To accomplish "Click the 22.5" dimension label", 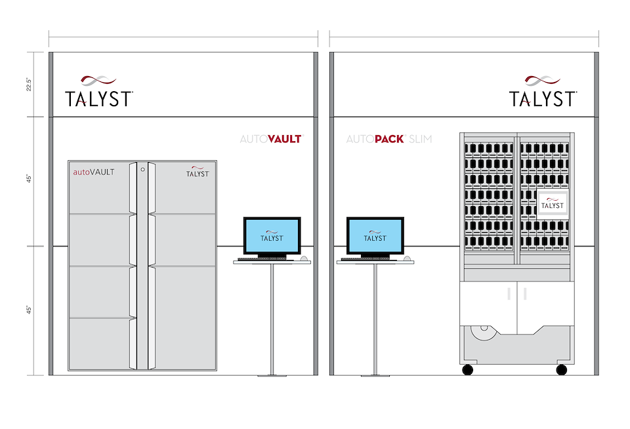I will point(30,85).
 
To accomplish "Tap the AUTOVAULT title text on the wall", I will point(270,139).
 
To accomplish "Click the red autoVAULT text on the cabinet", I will point(93,172).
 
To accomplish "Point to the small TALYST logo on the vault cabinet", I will point(198,171).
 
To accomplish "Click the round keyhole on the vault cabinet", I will point(142,170).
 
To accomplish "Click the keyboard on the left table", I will point(262,259).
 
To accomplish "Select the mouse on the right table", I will point(408,259).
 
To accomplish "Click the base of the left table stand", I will point(272,375).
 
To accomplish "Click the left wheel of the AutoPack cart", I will point(467,370).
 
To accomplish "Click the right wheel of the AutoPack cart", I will point(562,370).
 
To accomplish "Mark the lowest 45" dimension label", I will point(30,309).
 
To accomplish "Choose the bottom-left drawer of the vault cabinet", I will point(100,343).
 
